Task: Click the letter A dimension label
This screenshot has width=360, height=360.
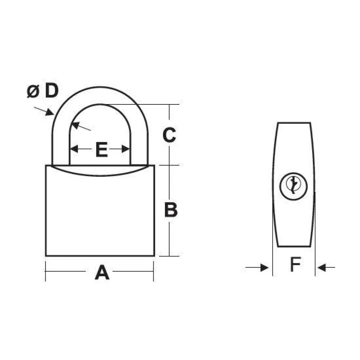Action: [x=102, y=272]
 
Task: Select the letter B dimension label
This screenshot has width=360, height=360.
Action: [x=171, y=210]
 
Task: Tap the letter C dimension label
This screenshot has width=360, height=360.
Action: [x=169, y=135]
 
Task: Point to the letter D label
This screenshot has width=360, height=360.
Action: [x=51, y=91]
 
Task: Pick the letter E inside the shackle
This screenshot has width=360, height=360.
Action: [x=102, y=149]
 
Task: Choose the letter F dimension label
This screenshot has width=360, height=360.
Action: [x=296, y=264]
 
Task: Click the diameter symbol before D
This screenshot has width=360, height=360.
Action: [x=33, y=91]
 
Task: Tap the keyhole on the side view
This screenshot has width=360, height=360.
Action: [x=293, y=186]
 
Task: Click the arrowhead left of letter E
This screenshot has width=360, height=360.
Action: [x=74, y=149]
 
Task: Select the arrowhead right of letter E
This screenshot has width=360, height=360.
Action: [x=126, y=149]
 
